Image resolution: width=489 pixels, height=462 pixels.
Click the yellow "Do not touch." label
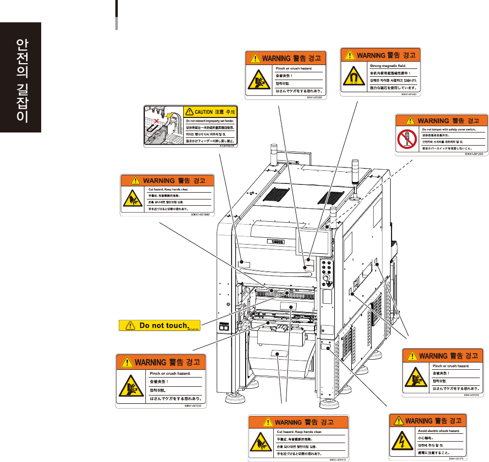click(x=159, y=326)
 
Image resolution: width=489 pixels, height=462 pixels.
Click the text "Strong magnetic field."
click(x=388, y=65)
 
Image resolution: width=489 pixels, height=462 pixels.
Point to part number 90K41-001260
click(x=474, y=154)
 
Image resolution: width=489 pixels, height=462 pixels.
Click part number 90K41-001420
click(x=410, y=95)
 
